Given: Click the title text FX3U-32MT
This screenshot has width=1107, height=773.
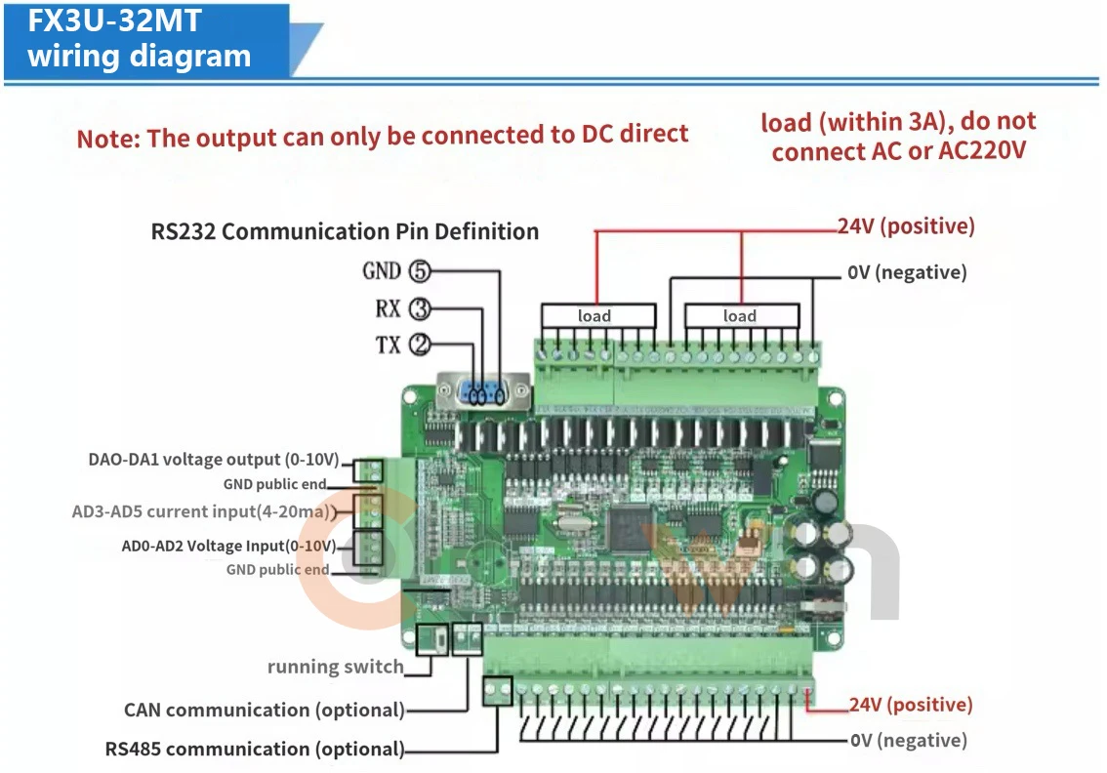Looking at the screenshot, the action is [114, 20].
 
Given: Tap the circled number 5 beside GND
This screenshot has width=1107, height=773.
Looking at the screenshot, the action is [420, 271].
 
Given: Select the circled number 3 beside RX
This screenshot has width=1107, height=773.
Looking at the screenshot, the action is [420, 308].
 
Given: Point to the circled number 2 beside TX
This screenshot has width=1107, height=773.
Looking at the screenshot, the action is [420, 346].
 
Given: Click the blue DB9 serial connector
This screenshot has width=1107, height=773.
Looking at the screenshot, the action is [483, 391].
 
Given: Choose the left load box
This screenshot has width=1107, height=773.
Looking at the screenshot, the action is [598, 315].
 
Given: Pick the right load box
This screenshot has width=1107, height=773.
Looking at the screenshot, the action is [742, 315].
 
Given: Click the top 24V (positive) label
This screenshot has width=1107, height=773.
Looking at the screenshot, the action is [906, 225].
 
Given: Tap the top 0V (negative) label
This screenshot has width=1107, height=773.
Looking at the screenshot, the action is [907, 272].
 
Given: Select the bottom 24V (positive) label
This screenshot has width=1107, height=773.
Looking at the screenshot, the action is [910, 705].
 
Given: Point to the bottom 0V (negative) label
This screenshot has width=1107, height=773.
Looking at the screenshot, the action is [908, 740].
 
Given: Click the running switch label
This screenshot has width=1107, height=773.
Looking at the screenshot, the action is [336, 668].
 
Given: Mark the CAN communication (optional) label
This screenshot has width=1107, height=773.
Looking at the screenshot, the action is [264, 711].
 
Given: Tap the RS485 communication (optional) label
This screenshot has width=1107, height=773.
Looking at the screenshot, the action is [255, 749].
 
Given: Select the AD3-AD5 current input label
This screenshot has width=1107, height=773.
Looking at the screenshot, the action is [204, 511].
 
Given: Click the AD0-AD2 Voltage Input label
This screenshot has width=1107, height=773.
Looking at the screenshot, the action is [228, 546].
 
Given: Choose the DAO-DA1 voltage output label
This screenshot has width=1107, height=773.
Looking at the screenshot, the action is [214, 460].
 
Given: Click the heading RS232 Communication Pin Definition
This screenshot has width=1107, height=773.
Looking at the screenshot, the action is [345, 231].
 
